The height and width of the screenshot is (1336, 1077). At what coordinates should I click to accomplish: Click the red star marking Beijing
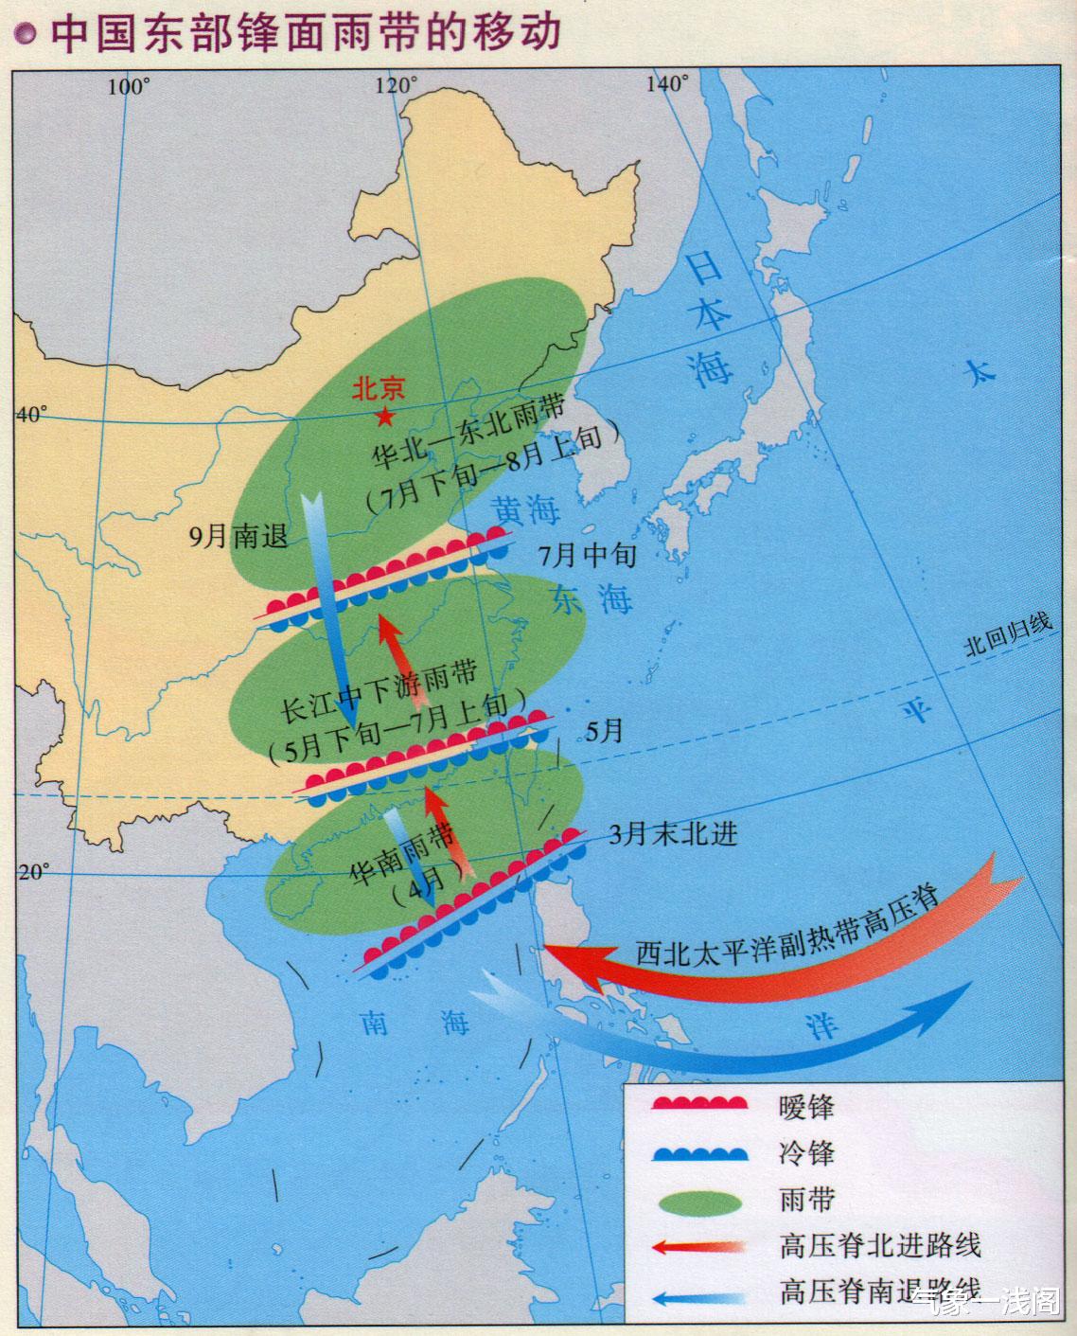(385, 416)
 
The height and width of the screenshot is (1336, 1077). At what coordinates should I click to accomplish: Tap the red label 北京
(379, 388)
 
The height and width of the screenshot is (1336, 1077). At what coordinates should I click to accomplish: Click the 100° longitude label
(130, 87)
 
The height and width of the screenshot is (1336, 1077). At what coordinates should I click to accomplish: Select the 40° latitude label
(30, 415)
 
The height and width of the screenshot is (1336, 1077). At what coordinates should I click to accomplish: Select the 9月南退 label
(238, 536)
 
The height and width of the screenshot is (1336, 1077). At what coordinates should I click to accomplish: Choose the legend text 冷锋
(806, 1152)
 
